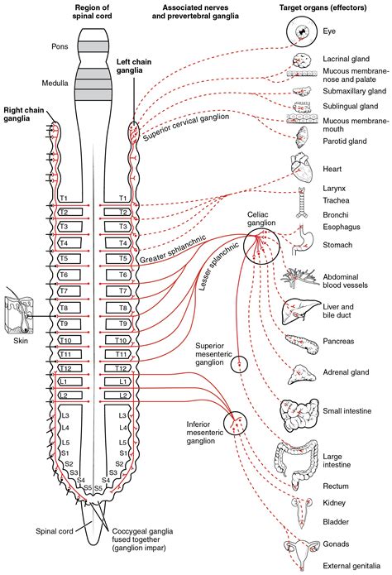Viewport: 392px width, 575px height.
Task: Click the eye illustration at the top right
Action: [x=300, y=34]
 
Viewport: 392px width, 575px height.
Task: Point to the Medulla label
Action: [x=54, y=83]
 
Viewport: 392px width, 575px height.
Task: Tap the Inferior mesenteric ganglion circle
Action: [x=236, y=424]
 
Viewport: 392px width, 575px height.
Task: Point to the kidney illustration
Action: [x=299, y=505]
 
